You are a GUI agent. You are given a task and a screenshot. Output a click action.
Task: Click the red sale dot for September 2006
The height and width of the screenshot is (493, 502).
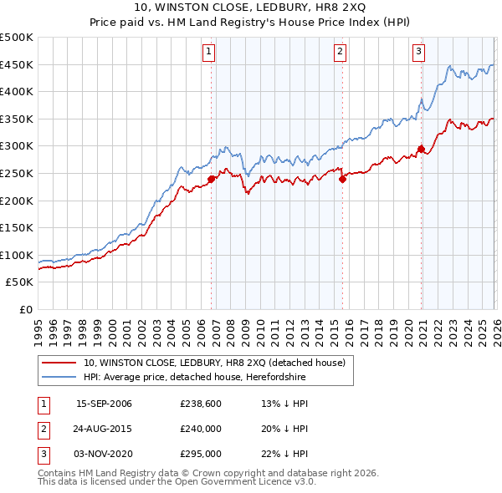(x=211, y=178)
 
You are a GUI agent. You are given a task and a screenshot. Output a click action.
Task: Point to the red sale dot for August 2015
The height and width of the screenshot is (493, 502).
(x=342, y=177)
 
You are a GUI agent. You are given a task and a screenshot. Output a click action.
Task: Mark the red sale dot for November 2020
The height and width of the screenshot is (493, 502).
(x=422, y=150)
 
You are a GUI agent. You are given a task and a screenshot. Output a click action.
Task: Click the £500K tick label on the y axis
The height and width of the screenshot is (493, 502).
(x=17, y=38)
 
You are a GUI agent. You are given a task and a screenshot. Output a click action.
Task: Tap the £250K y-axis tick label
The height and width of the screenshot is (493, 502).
(x=17, y=173)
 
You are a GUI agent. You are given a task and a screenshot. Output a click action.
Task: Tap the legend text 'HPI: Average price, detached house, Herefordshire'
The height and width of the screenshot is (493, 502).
(x=195, y=378)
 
